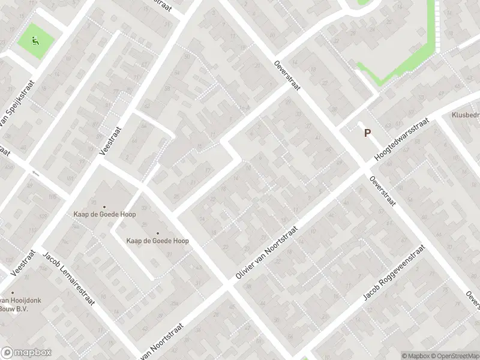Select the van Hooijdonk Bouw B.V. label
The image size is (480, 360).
click(x=18, y=305)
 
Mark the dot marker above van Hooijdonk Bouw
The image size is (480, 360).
click(x=12, y=292)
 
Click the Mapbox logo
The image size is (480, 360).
click(x=26, y=353)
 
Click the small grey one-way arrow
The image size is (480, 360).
click(x=34, y=173)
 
